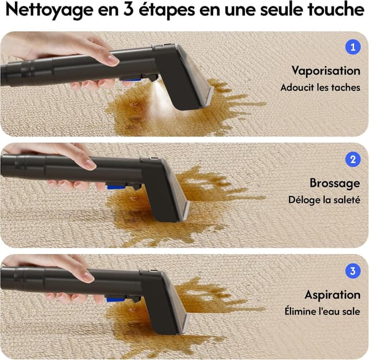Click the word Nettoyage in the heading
[49, 10]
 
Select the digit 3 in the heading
[129, 9]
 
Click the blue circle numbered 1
[353, 47]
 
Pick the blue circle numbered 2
[353, 160]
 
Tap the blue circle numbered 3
[353, 271]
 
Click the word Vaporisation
[326, 71]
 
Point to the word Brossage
[334, 183]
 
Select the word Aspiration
[332, 295]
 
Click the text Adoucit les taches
[321, 88]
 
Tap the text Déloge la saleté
[324, 200]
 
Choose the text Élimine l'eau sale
[322, 311]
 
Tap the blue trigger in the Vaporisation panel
[132, 80]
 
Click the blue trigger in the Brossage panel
[116, 187]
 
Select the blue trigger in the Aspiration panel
[115, 300]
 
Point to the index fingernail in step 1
[112, 60]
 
